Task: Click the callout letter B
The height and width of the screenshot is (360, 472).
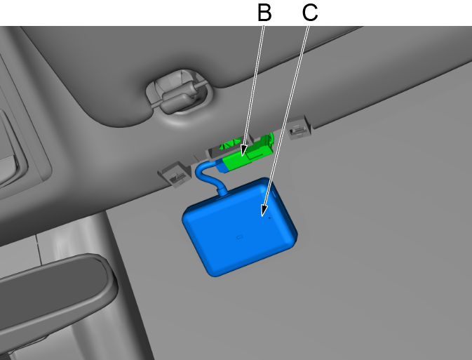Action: (x=264, y=12)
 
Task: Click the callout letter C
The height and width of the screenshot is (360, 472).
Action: (x=309, y=12)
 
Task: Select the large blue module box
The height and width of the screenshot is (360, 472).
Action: (x=238, y=228)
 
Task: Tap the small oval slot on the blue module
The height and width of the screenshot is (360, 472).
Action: (x=239, y=236)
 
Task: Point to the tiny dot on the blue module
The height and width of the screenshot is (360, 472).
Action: (x=269, y=218)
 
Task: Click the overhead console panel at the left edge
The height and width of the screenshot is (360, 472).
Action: (x=18, y=140)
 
